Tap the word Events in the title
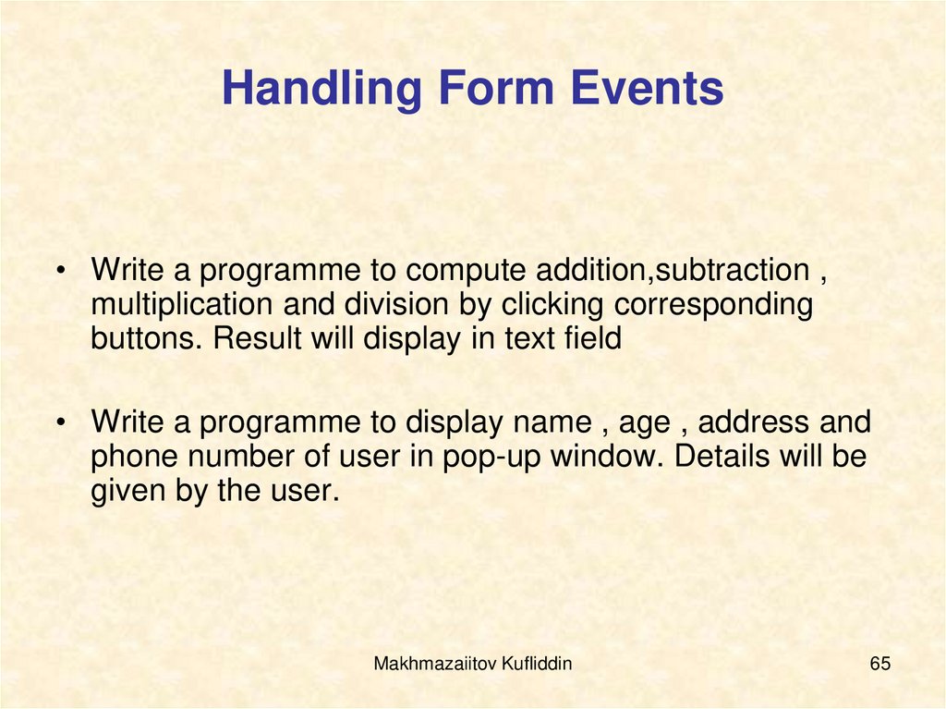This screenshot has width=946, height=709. (647, 90)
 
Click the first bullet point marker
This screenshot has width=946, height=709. (60, 272)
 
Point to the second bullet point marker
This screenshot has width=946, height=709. (60, 424)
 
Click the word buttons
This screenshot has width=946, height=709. (147, 339)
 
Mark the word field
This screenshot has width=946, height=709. (590, 339)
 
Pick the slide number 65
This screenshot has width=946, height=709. (879, 664)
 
